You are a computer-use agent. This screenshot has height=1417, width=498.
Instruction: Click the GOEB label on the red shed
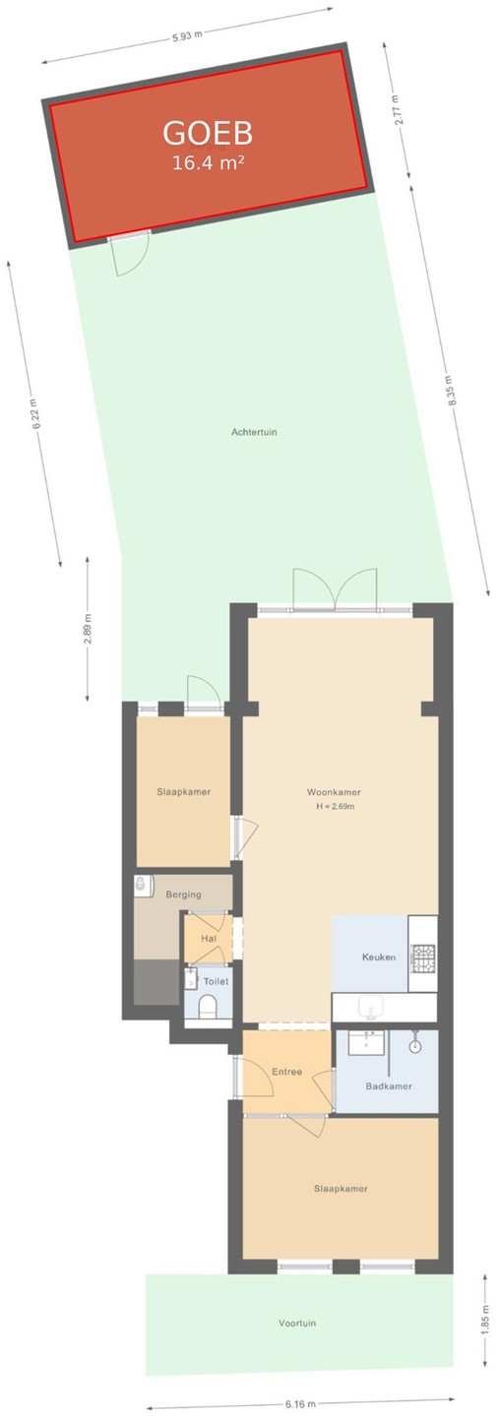click(x=208, y=134)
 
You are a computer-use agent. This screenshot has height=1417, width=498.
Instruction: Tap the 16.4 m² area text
click(x=209, y=163)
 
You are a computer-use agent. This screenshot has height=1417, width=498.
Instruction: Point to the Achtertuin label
click(x=254, y=433)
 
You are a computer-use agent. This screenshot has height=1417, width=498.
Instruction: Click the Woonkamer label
click(x=334, y=792)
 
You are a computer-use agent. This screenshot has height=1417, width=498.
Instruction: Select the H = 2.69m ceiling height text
click(x=336, y=807)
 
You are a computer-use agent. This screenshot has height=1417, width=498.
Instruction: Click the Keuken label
click(x=378, y=957)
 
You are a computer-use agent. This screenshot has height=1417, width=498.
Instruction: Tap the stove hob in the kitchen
click(x=421, y=957)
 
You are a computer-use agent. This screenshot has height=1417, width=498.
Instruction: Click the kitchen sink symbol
click(x=369, y=1006)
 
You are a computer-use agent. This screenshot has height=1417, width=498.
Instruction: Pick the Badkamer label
click(x=389, y=1086)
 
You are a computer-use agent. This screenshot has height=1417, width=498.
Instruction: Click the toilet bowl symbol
click(x=207, y=1006)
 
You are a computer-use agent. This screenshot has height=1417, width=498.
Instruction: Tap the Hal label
click(x=209, y=939)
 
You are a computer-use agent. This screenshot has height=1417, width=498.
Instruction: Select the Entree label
click(x=286, y=1072)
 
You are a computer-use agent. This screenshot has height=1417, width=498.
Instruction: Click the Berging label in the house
click(x=183, y=894)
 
